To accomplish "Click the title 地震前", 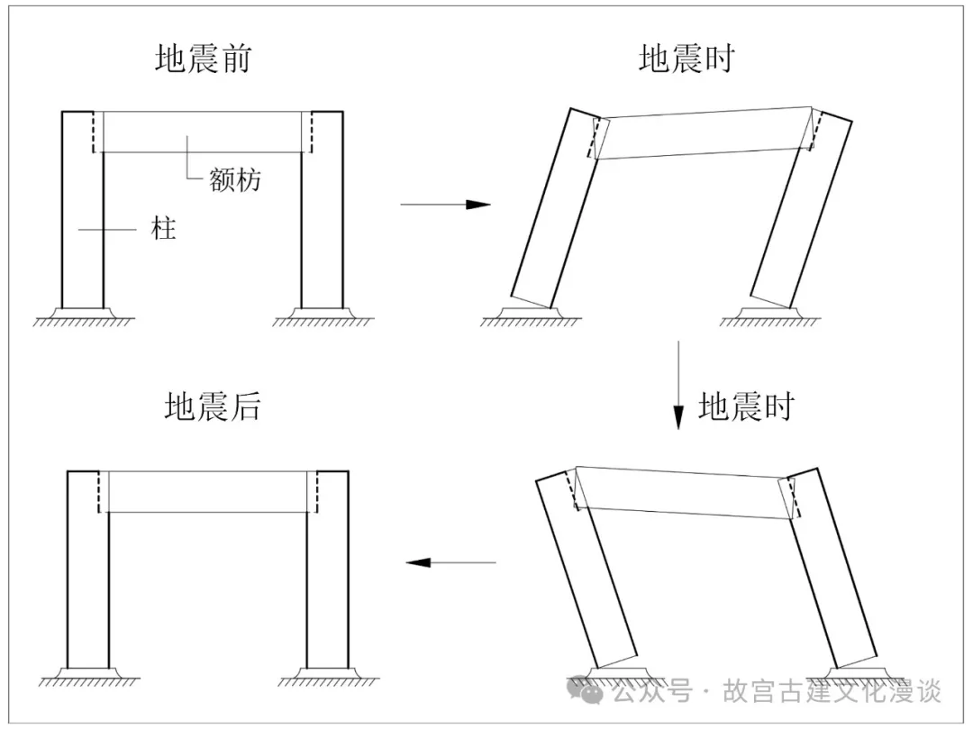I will point(203,59).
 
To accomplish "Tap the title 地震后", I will point(213,406).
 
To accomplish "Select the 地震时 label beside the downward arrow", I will point(747,406).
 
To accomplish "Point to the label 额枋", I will point(235,179).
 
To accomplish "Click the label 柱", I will point(163,229).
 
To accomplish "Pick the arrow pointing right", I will point(445,205).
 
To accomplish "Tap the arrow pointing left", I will point(450,562).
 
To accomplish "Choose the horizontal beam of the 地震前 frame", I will point(203,132).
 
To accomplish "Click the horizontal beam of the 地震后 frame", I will point(208,491).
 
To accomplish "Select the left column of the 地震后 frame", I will point(88,577).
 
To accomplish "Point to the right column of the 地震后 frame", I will point(328,577).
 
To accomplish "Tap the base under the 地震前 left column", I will point(82,315).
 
